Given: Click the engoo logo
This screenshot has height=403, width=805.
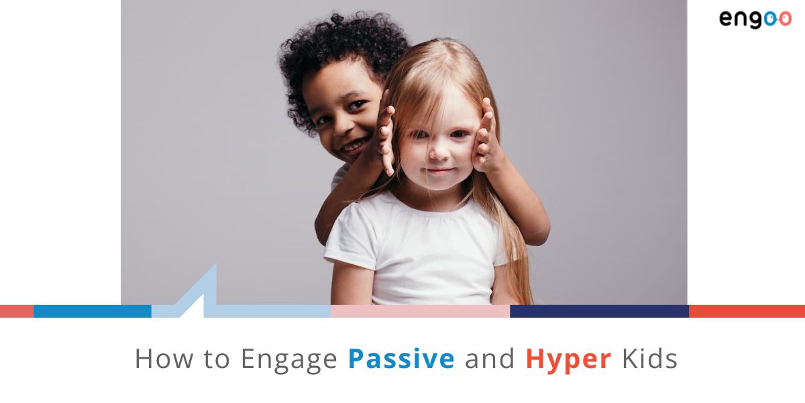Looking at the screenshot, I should (x=755, y=19).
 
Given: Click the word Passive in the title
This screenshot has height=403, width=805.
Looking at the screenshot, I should (x=400, y=359).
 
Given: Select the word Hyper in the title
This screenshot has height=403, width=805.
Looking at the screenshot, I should (x=568, y=360).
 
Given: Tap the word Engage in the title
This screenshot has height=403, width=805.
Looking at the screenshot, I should (x=289, y=360).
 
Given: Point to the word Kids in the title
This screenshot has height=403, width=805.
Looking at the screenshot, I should (x=649, y=359).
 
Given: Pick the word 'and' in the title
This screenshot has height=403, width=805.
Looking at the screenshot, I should (x=490, y=359).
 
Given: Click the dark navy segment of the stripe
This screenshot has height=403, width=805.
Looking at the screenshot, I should (x=599, y=311).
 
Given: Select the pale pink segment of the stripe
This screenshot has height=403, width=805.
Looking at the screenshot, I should (x=420, y=311).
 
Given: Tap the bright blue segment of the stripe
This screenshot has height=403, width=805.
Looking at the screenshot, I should (x=92, y=311).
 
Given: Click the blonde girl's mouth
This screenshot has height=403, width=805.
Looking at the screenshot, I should (x=440, y=172).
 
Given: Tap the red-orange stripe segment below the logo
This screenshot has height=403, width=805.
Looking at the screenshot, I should (x=747, y=311).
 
